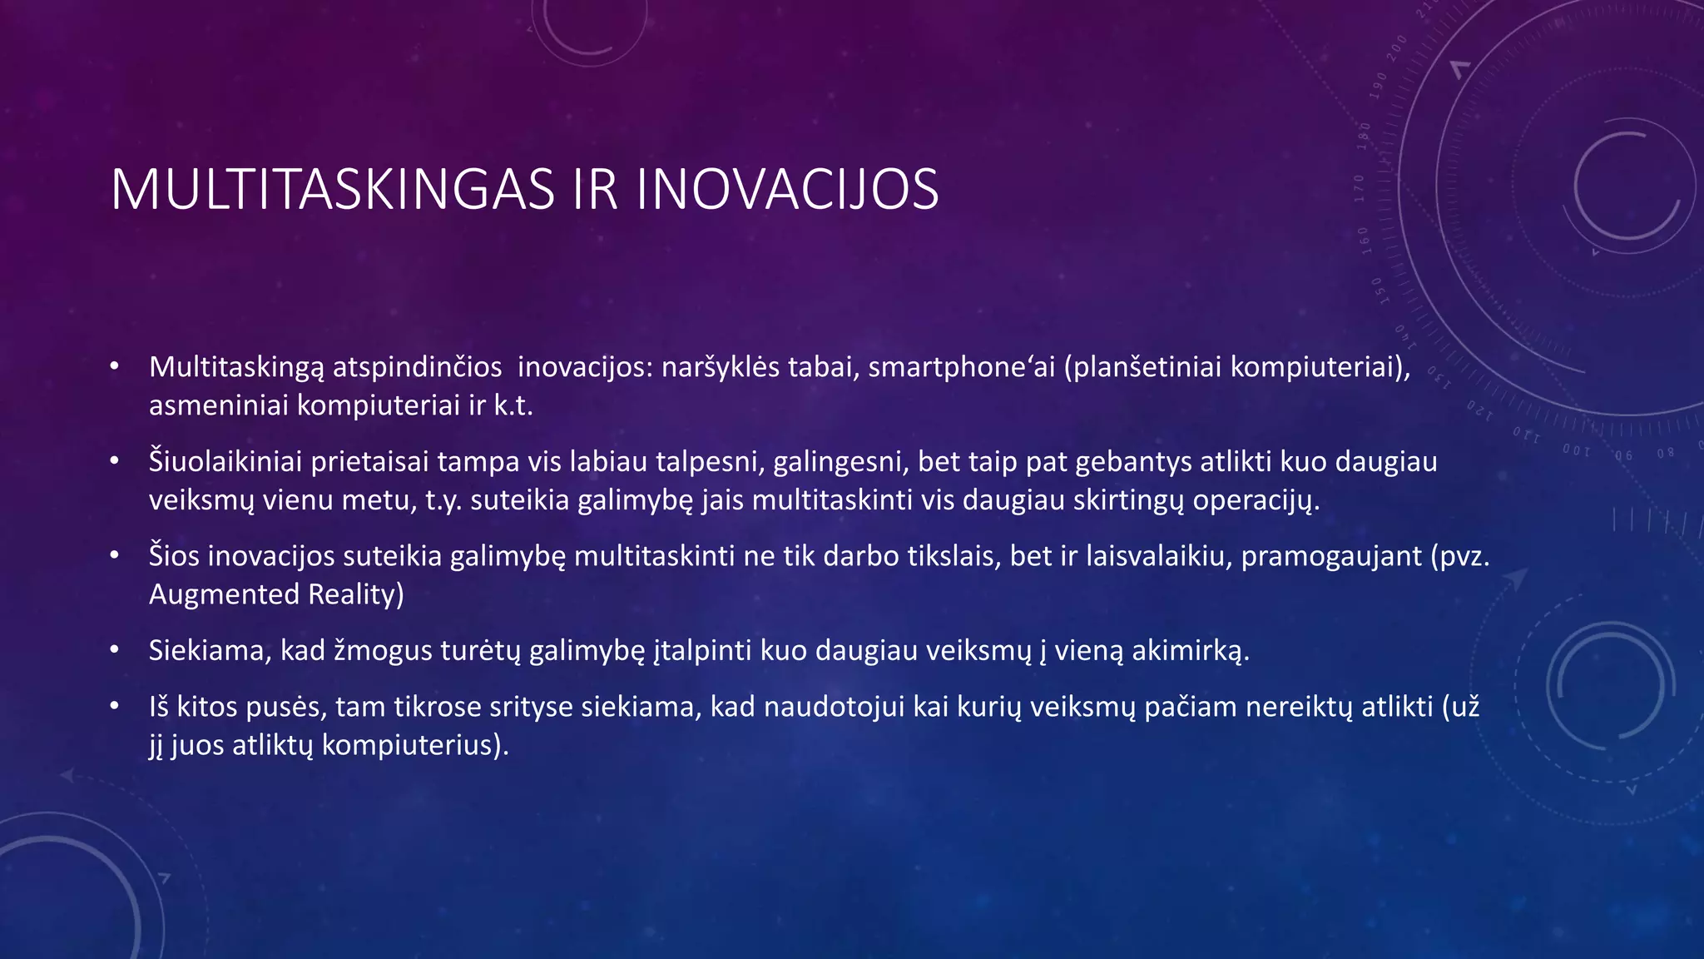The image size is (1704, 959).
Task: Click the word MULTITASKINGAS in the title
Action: pos(333,190)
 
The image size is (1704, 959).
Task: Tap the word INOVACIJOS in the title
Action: pos(787,190)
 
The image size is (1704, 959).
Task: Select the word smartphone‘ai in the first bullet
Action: pos(961,367)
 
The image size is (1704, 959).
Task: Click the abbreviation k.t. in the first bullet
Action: pos(513,405)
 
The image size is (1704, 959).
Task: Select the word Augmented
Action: pos(224,594)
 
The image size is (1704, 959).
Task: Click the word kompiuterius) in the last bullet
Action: pos(414,744)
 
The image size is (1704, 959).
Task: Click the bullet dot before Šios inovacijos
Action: pos(115,554)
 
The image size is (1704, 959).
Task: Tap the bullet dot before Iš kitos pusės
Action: pos(115,706)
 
